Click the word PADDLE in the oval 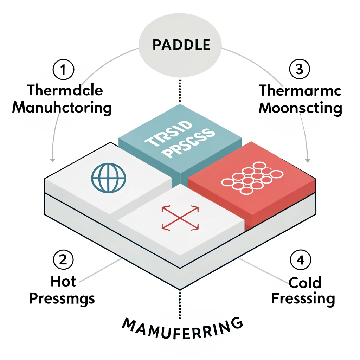point(181,45)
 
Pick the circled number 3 point(299,70)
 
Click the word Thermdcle point(65,90)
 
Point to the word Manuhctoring point(62,107)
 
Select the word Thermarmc point(300,90)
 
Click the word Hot point(63,281)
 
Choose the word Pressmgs point(62,299)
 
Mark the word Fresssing point(303,299)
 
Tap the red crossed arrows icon point(180,218)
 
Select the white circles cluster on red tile point(252,178)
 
